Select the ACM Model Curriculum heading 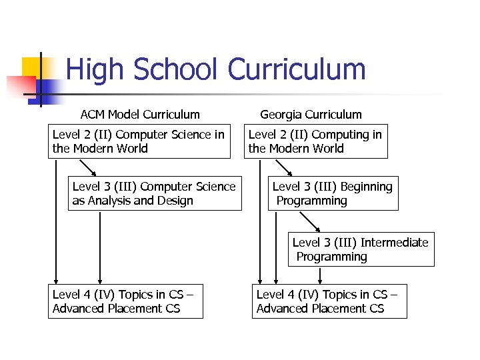(x=139, y=115)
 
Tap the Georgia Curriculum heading (x=311, y=115)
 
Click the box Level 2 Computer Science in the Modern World (x=140, y=141)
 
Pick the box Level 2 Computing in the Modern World (x=315, y=141)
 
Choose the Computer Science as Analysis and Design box (x=154, y=193)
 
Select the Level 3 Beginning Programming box (x=333, y=193)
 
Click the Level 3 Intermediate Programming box (x=361, y=249)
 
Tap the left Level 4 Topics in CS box (x=125, y=301)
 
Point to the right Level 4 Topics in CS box (x=329, y=301)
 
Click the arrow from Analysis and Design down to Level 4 (x=100, y=247)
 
